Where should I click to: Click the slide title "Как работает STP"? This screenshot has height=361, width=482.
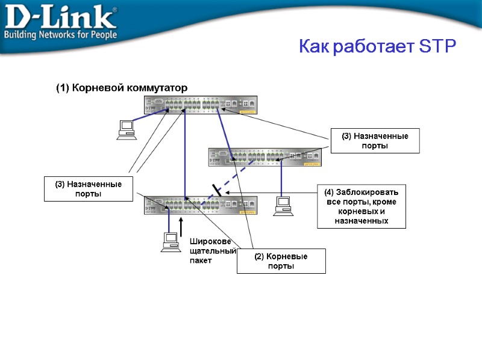pos(378,47)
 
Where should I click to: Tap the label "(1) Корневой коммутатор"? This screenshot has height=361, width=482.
pos(122,88)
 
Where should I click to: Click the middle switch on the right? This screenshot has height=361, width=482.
pos(264,157)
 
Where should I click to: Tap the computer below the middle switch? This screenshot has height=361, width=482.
pos(282,206)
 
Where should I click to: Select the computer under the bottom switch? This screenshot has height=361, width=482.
pos(169,241)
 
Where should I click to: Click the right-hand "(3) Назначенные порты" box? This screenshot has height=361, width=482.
pos(375,141)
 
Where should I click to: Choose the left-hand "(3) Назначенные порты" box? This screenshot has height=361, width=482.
pos(89,188)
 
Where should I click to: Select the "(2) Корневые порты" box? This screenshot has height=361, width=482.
pos(281,261)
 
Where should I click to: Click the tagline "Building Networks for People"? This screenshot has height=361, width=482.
pos(60,34)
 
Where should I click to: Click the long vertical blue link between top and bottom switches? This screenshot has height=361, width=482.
pos(185,153)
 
